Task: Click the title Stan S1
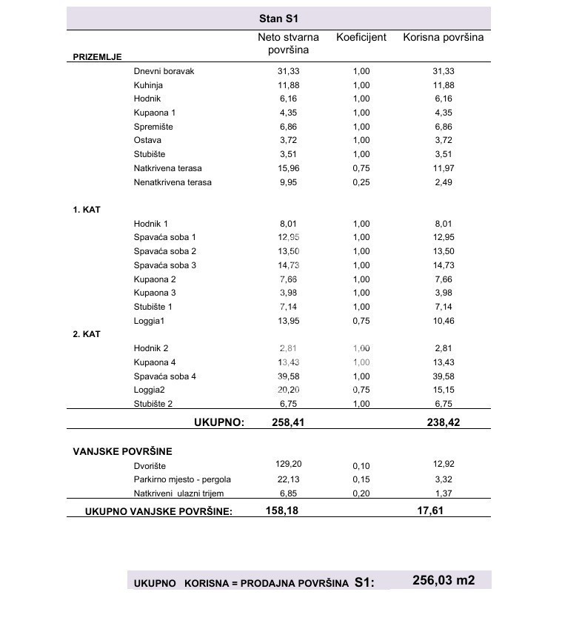coord(278,19)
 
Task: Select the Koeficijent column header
coord(361,37)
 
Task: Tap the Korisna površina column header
coord(443,37)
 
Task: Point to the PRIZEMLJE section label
coord(97,57)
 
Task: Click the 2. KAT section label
coord(87,334)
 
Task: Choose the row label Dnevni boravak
coord(164,71)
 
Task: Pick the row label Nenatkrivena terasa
coord(173,182)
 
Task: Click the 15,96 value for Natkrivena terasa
coord(287,168)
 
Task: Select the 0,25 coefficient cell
coord(361,182)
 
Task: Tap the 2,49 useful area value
coord(443,182)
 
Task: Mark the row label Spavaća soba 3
coord(165,265)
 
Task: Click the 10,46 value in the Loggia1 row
coord(443,321)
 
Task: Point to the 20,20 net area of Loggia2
coord(288,390)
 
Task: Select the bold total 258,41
coord(287,422)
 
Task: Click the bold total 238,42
coord(443,422)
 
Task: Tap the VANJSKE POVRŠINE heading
coord(122,450)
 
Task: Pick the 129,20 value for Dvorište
coord(287,464)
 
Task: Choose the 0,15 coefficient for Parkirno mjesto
coord(361,480)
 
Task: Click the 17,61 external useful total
coord(431,510)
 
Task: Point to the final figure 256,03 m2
coord(444,581)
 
